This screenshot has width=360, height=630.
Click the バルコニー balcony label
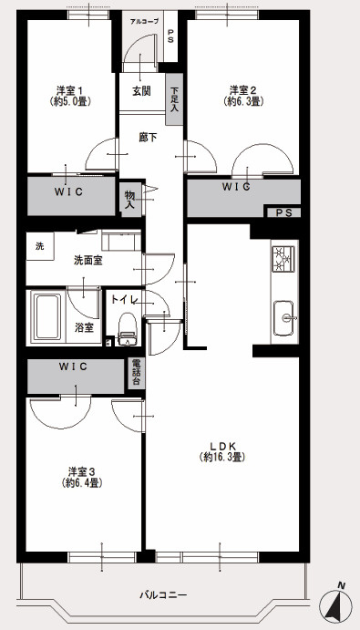click(x=163, y=594)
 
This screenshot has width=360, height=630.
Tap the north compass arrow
click(x=339, y=604)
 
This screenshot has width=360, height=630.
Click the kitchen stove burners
click(x=283, y=260)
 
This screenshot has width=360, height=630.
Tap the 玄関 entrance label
click(x=141, y=90)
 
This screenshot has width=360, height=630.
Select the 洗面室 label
click(x=87, y=260)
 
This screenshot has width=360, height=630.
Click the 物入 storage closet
click(x=129, y=199)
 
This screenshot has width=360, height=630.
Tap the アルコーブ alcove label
click(x=143, y=19)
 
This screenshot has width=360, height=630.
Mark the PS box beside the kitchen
click(x=283, y=213)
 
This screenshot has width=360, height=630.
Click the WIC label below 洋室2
click(x=235, y=187)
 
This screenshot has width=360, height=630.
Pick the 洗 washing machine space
click(x=39, y=246)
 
